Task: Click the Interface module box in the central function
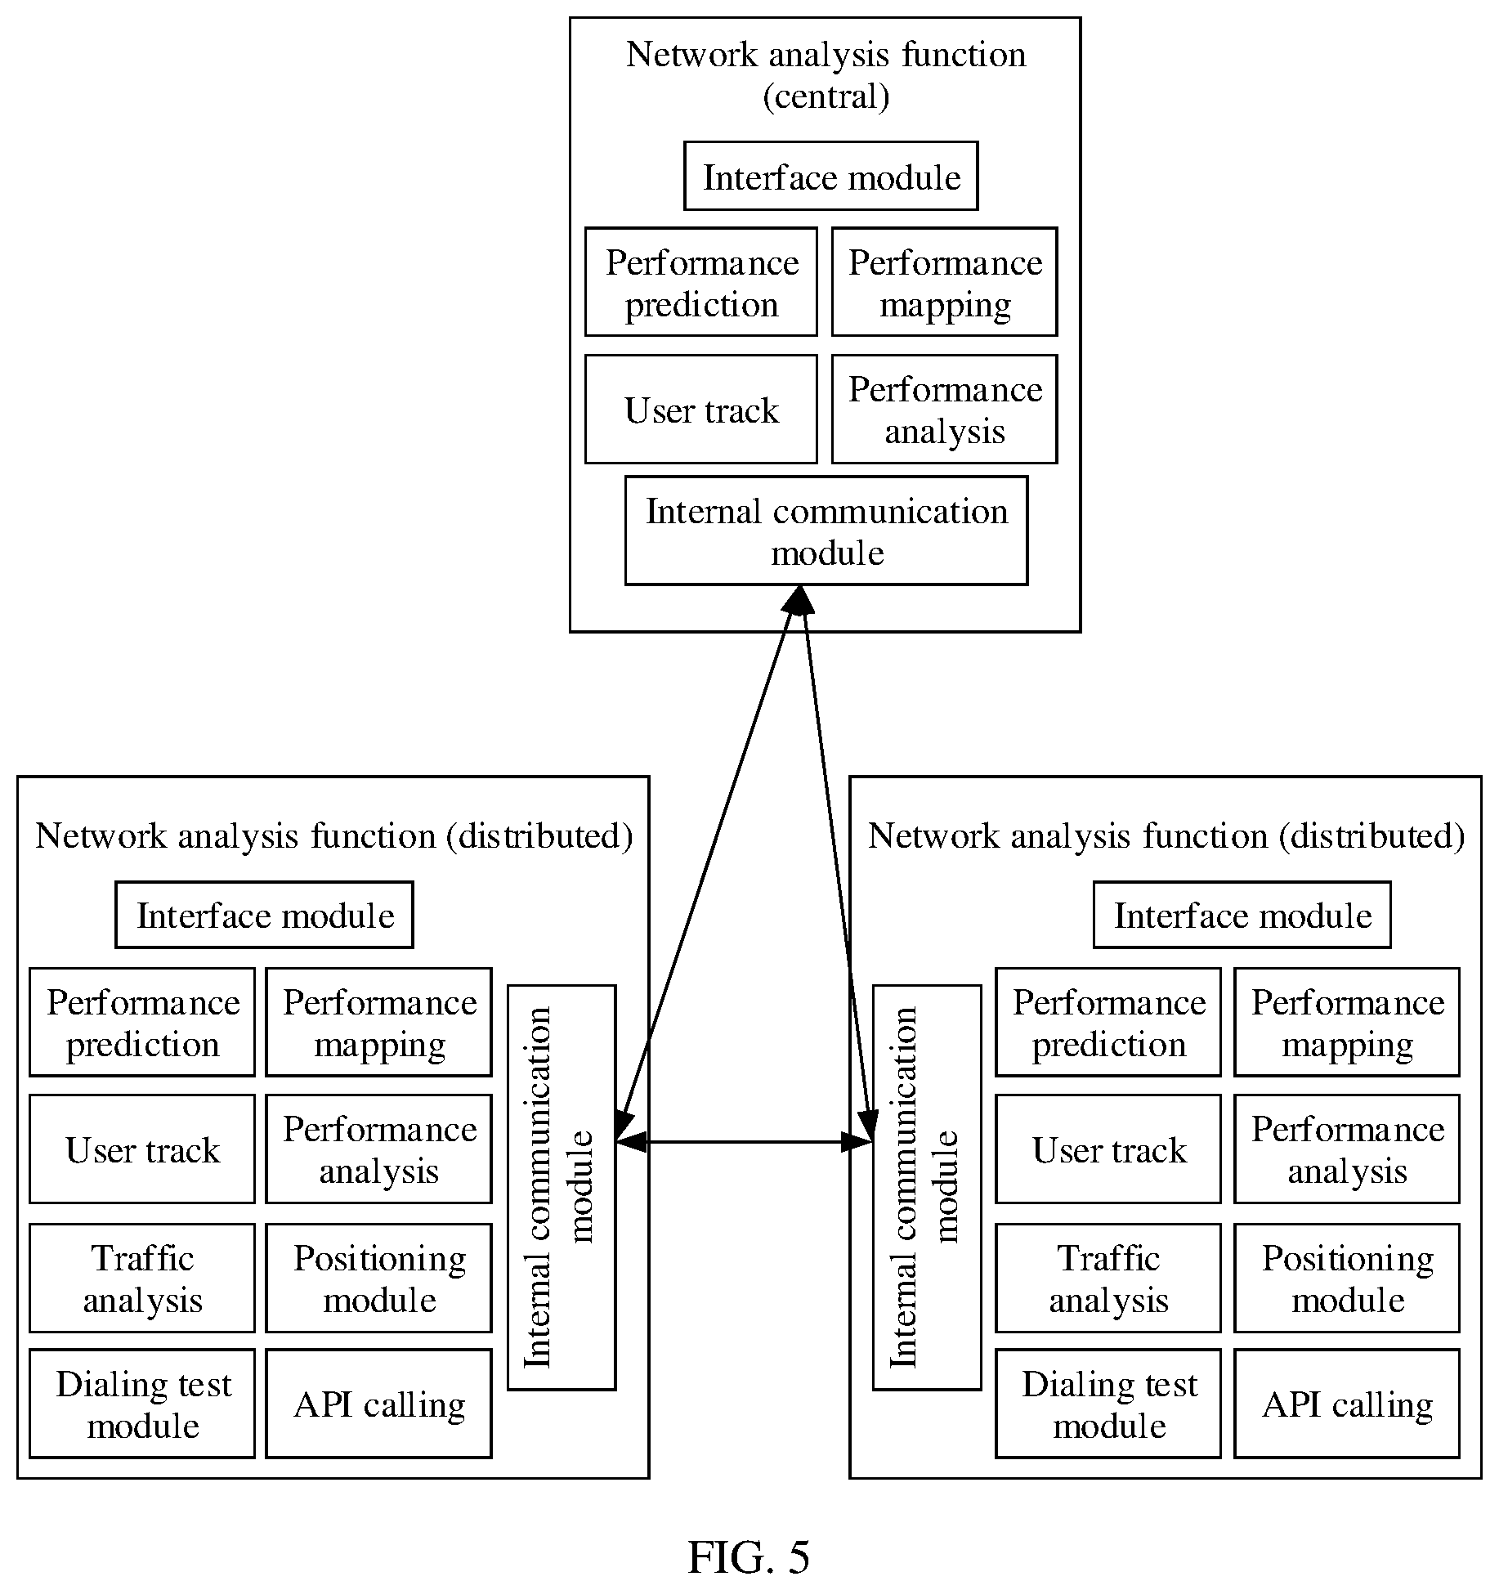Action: tap(830, 176)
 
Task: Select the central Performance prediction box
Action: tap(700, 282)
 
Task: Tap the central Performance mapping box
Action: tap(944, 282)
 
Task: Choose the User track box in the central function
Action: tap(700, 409)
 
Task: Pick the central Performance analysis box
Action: tap(944, 409)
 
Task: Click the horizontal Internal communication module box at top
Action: tap(826, 531)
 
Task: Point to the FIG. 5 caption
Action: tap(749, 1556)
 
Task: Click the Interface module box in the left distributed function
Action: tap(264, 915)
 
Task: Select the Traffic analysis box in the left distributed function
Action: tap(142, 1278)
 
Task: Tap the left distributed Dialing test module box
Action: tap(142, 1404)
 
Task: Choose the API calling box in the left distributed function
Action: tap(378, 1404)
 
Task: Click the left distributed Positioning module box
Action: tap(378, 1278)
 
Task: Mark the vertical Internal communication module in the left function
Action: tap(562, 1187)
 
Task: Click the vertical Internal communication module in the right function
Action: tap(927, 1187)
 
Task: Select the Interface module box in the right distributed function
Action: tap(1242, 915)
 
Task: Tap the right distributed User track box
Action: tap(1107, 1149)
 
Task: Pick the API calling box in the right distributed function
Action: tap(1346, 1404)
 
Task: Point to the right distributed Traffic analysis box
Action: tap(1107, 1278)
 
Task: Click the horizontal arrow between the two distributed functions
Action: tap(745, 1142)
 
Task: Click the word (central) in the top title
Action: tap(826, 96)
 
